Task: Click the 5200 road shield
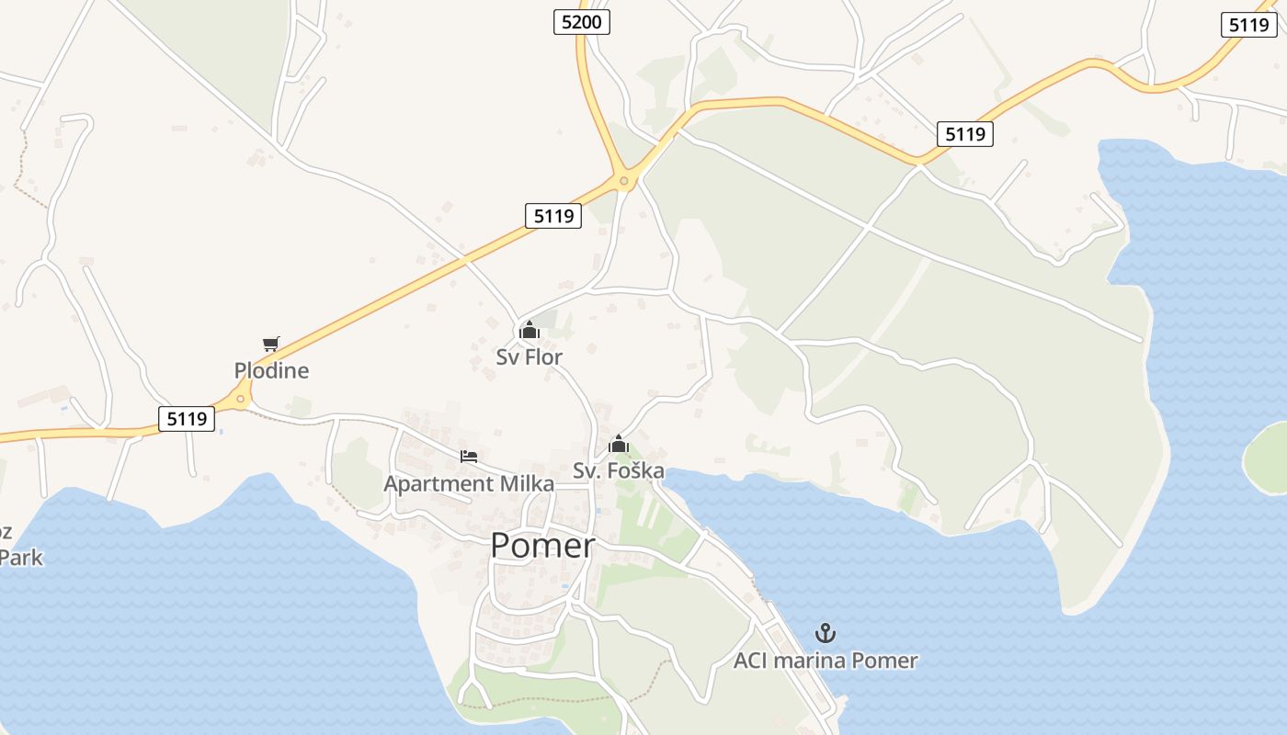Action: click(x=582, y=22)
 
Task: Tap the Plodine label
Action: click(x=271, y=371)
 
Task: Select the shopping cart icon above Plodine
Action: click(x=270, y=345)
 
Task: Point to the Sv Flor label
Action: click(x=529, y=357)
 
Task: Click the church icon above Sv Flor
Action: click(x=529, y=330)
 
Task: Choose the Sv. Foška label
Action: click(x=619, y=471)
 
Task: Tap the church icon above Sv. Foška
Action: click(x=619, y=445)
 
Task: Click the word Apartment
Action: click(x=438, y=484)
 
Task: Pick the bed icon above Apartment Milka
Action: click(x=469, y=457)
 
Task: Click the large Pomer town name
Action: click(x=542, y=546)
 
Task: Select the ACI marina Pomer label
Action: click(x=826, y=661)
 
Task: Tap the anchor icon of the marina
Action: click(x=826, y=633)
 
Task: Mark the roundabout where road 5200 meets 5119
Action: click(x=624, y=181)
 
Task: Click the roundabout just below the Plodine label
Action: click(x=241, y=398)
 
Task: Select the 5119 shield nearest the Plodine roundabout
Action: click(x=187, y=419)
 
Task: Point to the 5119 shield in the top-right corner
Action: click(x=1249, y=25)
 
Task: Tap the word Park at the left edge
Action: click(x=21, y=558)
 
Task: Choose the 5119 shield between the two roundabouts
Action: click(x=553, y=216)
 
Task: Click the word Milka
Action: click(x=526, y=484)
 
